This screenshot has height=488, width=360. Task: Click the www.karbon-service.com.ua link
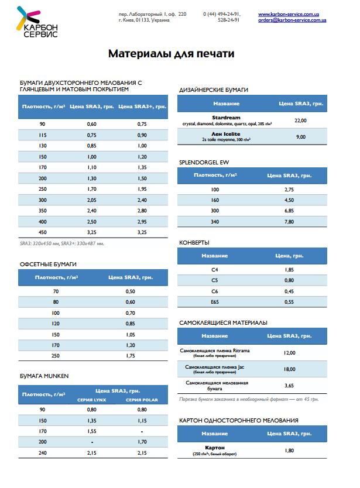tap(292, 13)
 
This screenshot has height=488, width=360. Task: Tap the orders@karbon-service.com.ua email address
tap(292, 20)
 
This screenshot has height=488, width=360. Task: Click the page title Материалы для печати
tap(172, 54)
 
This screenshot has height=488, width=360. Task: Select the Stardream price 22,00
tap(300, 120)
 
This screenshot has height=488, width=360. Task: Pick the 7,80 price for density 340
tap(289, 221)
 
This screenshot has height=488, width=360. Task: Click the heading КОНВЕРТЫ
tap(194, 242)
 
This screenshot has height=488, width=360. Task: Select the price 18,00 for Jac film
tap(289, 369)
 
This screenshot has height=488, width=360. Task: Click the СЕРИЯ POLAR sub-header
tap(142, 400)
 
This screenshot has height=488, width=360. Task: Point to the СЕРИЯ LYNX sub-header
tap(91, 400)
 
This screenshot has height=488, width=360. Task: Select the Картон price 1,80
tap(289, 450)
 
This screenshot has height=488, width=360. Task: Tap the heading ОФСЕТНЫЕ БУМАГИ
tap(48, 264)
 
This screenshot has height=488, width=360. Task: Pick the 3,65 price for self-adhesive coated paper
tap(289, 386)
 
